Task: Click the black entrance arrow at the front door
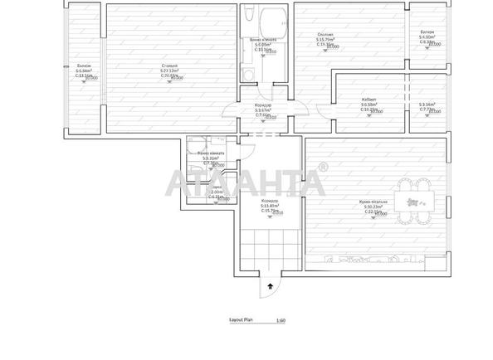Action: click(x=270, y=285)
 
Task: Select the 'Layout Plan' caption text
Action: click(x=240, y=319)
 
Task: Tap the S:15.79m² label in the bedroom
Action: click(x=325, y=39)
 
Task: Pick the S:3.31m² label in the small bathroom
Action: click(x=212, y=158)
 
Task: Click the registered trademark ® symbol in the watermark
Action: click(x=322, y=168)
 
